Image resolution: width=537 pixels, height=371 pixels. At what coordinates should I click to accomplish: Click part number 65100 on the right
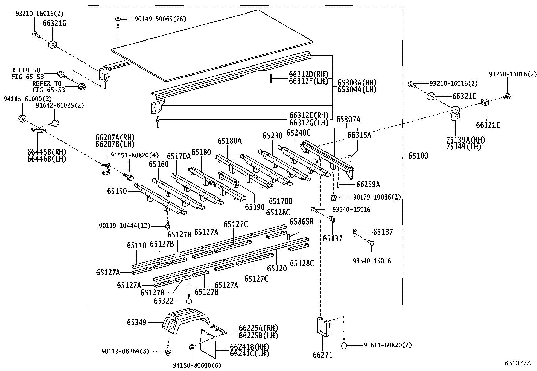point(418,156)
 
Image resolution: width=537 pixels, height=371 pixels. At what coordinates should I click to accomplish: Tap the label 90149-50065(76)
point(160,19)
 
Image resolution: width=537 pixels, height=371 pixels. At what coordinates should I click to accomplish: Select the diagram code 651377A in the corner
point(517,363)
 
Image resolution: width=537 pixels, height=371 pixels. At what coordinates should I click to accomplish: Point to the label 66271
point(323,355)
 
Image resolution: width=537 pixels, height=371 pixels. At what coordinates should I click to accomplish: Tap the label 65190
point(255,207)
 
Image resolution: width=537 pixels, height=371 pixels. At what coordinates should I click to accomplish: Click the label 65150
point(117,191)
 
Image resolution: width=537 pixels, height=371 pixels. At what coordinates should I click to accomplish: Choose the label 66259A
point(368,185)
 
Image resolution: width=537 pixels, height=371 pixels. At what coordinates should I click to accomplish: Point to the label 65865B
point(302,222)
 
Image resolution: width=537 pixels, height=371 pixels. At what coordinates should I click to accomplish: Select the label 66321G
point(54,23)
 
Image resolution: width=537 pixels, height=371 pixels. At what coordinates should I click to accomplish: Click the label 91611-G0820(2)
point(388,345)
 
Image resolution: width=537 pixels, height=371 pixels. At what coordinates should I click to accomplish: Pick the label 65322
point(164,301)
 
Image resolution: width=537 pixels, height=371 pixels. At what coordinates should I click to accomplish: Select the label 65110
point(137,245)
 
